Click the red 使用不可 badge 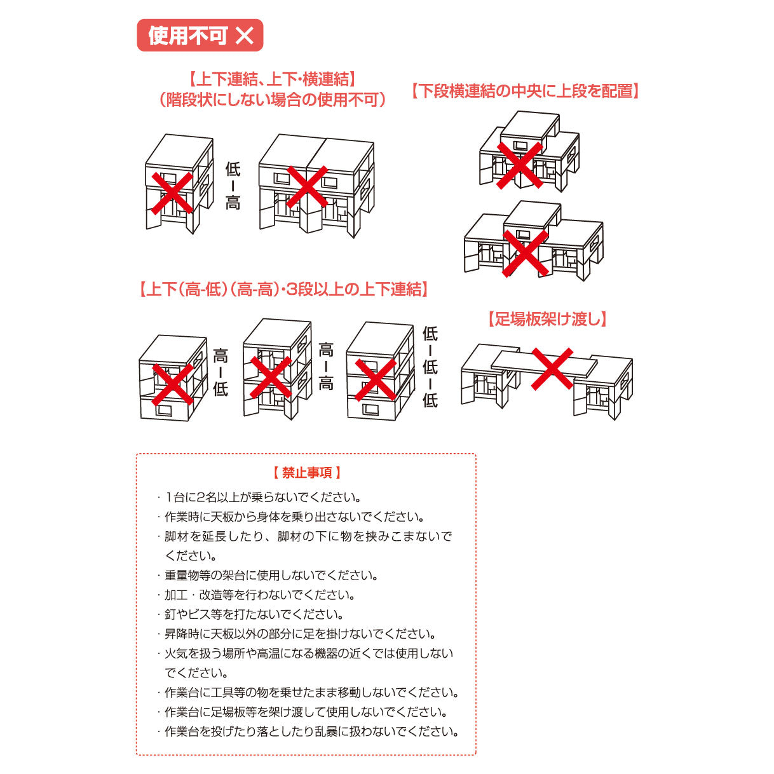pyautogui.click(x=200, y=35)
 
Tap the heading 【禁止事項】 pyautogui.click(x=307, y=473)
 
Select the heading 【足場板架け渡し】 pyautogui.click(x=547, y=319)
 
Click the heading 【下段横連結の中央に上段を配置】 pyautogui.click(x=525, y=91)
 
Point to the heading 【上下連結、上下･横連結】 pyautogui.click(x=271, y=79)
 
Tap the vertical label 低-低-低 pyautogui.click(x=430, y=367)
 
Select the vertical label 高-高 pyautogui.click(x=326, y=366)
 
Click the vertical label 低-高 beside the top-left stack pyautogui.click(x=233, y=186)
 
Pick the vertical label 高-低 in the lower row pyautogui.click(x=221, y=372)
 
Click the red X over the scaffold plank pyautogui.click(x=552, y=369)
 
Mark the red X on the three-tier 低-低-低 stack pyautogui.click(x=376, y=380)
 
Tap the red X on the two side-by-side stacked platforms pyautogui.click(x=307, y=187)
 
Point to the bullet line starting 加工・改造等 pyautogui.click(x=259, y=595)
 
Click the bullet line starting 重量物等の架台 pyautogui.click(x=271, y=576)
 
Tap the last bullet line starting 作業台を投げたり pyautogui.click(x=311, y=731)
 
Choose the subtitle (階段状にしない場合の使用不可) pyautogui.click(x=271, y=100)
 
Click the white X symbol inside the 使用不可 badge pyautogui.click(x=245, y=36)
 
